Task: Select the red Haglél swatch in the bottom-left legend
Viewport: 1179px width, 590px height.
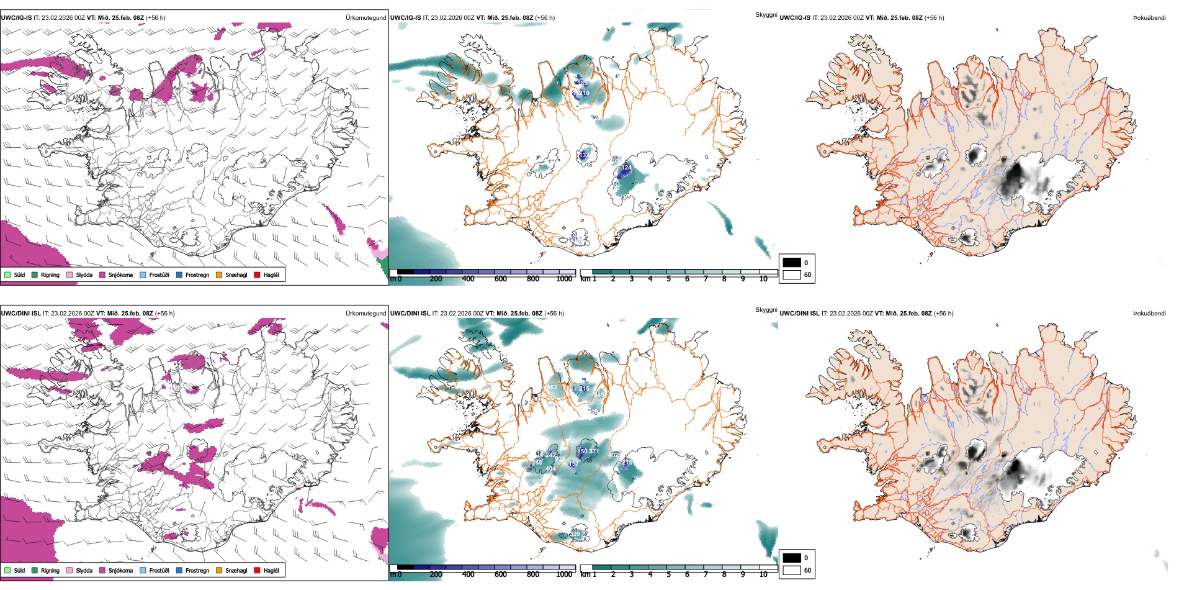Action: (x=257, y=571)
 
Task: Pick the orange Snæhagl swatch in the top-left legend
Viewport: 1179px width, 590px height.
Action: (x=219, y=275)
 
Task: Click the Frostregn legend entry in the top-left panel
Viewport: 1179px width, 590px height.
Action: (x=197, y=275)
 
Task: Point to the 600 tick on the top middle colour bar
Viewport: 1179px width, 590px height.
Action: (x=500, y=279)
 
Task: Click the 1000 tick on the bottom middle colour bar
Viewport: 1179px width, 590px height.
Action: (x=564, y=574)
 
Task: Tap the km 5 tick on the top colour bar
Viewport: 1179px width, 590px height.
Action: (x=668, y=279)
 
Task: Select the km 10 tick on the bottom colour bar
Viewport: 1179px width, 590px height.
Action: (x=763, y=574)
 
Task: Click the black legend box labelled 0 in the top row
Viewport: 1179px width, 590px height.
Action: (x=792, y=263)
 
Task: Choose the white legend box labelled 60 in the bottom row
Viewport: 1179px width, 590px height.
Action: (x=792, y=570)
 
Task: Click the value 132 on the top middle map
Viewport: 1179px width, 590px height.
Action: (x=584, y=155)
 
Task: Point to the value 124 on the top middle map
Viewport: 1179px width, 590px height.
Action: (x=627, y=168)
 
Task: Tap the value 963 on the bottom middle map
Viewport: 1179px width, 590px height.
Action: (x=552, y=388)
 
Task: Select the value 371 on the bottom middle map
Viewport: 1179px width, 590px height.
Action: (x=594, y=452)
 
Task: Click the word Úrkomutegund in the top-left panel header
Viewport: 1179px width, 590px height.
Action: (x=365, y=18)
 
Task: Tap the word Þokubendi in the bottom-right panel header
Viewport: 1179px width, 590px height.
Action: (x=1149, y=314)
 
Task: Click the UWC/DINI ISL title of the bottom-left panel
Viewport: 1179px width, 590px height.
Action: (x=20, y=314)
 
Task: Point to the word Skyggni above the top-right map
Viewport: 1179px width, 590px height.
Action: (x=766, y=14)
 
